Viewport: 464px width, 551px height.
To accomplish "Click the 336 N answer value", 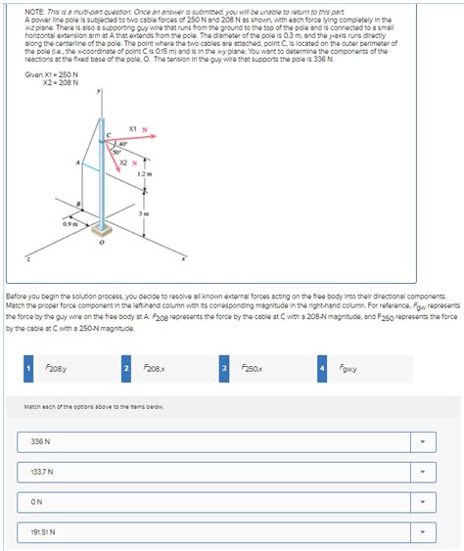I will coord(41,441).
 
